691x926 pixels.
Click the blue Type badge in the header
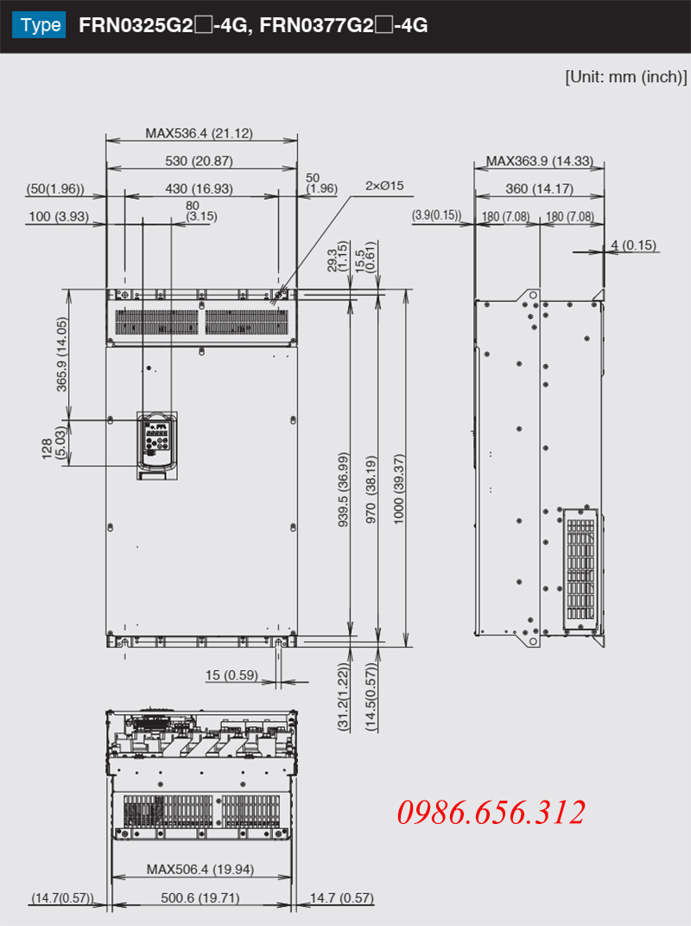click(39, 25)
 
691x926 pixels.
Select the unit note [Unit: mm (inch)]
click(626, 77)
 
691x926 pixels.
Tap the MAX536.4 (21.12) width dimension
click(199, 133)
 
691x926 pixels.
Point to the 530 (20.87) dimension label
click(199, 161)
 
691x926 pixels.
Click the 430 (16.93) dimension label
click(199, 189)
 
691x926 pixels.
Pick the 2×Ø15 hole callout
click(384, 186)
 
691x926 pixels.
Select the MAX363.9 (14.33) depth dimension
click(539, 161)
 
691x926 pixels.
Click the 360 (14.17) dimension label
click(539, 189)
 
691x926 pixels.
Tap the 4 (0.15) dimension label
click(634, 245)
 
